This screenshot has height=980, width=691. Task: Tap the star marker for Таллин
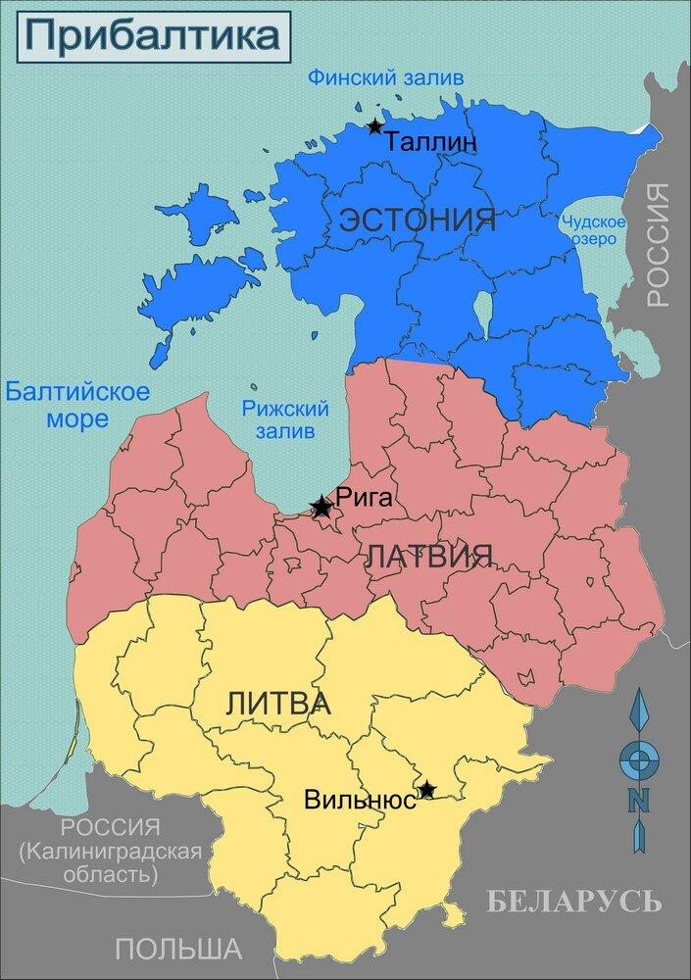pos(374,126)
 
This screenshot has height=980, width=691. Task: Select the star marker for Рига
pos(321,507)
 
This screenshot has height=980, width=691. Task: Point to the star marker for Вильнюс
pos(426,788)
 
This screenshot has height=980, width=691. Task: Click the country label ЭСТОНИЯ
pos(418,220)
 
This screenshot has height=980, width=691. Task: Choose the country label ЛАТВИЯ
pos(428,558)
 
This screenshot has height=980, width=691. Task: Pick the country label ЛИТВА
pos(277,703)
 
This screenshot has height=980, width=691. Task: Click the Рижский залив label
pos(284,419)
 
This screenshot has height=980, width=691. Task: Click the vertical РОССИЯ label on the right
pos(658,245)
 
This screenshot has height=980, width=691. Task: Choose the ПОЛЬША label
pos(177,949)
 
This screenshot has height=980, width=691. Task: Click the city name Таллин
pos(431,142)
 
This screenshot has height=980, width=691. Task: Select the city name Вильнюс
pos(360,799)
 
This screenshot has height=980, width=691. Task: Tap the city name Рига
pos(364,497)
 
